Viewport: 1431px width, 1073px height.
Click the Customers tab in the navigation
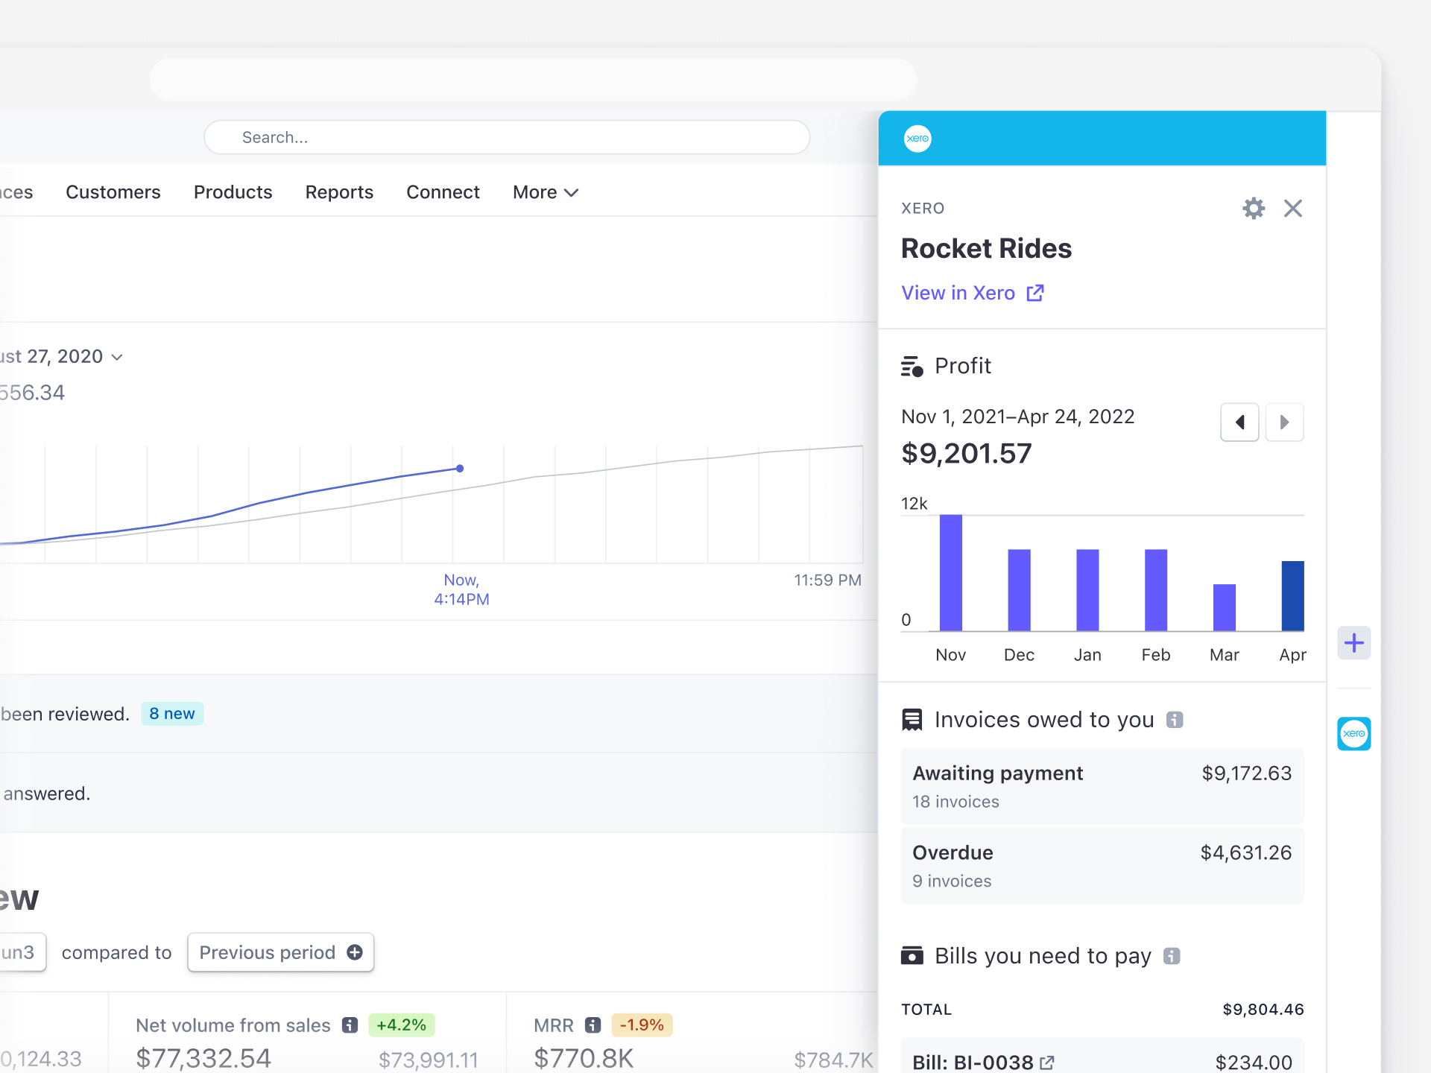pos(113,192)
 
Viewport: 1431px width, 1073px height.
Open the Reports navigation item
pos(339,192)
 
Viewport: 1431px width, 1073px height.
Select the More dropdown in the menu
pos(545,192)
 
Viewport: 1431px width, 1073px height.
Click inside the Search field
pos(507,138)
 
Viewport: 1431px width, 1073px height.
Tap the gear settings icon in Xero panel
pos(1254,208)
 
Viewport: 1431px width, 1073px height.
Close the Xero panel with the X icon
pos(1293,208)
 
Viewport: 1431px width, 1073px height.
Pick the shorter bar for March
pos(1224,607)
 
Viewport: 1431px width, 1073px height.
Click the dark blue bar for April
pos(1292,595)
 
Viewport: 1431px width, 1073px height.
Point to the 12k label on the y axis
pos(914,504)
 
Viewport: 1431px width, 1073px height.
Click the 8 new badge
pos(172,714)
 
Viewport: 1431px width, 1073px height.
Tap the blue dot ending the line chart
pos(460,469)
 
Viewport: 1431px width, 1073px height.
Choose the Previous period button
pos(280,952)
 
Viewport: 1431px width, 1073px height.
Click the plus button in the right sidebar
pos(1353,642)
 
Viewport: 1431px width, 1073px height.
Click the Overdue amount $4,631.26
pos(1245,852)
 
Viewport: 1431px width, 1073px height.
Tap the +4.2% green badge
pos(401,1025)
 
